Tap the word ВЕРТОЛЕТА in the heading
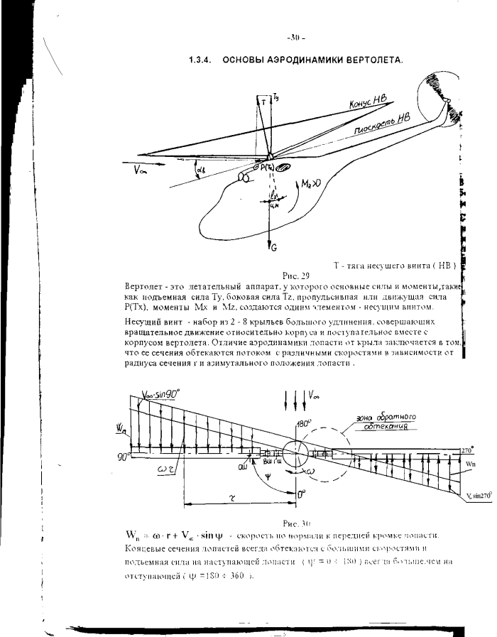pos(371,60)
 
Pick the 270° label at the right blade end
pos(466,450)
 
